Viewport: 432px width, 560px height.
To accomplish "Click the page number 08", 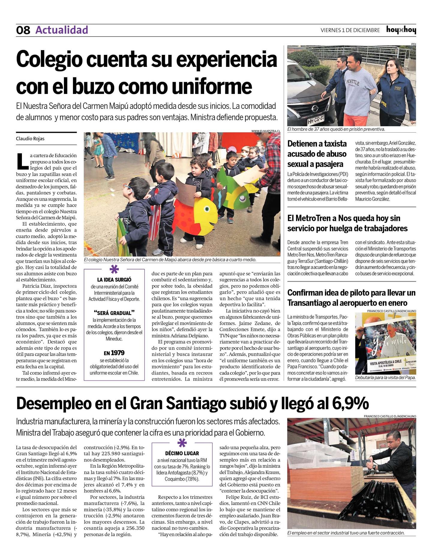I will pos(23,30).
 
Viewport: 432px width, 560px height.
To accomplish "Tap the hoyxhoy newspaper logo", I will pos(401,30).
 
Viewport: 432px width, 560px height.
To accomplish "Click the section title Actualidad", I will pos(61,30).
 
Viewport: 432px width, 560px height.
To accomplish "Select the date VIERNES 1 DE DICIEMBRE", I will pos(350,30).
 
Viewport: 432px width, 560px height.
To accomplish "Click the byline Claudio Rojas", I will pos(30,139).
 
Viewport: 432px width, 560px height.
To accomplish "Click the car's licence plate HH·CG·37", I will pos(316,121).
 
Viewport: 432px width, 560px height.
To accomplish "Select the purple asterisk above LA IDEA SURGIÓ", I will pos(114,270).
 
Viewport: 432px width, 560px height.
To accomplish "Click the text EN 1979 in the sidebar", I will pos(114,353).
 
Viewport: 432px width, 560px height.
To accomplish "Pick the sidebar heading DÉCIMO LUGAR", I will pos(182,453).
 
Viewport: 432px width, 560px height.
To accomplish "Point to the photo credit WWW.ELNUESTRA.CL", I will pos(266,131).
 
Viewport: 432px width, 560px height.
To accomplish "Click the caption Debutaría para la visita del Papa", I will pos(385,378).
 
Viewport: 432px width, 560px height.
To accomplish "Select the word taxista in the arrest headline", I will pos(333,144).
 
